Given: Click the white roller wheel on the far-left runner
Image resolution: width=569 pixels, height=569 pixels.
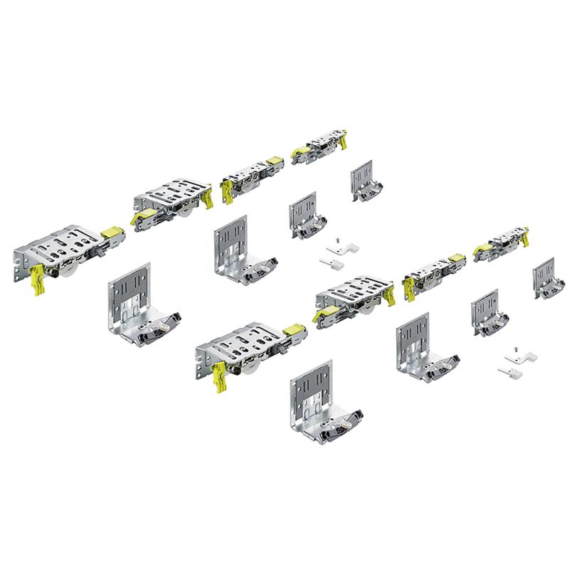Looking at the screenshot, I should click(72, 270).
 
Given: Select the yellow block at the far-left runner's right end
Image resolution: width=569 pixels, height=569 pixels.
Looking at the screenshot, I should click(110, 233).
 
